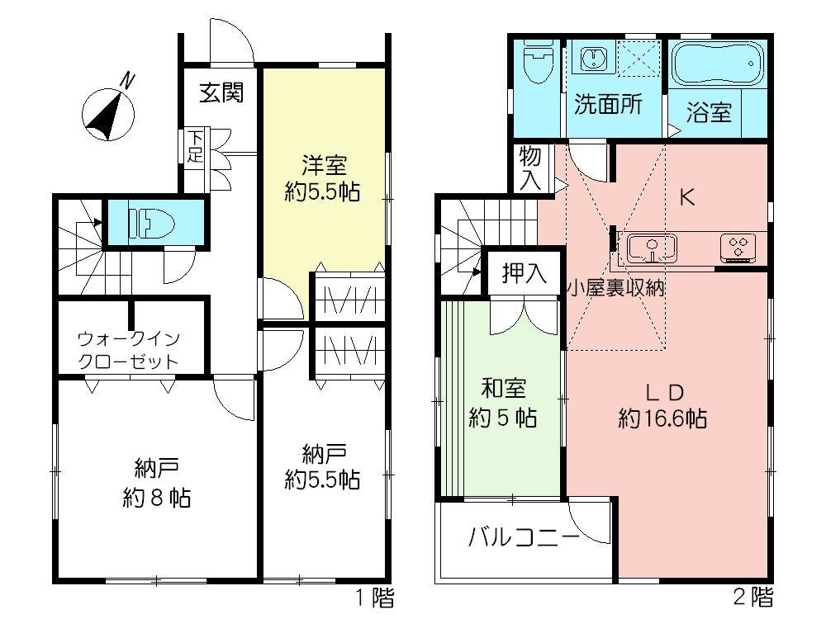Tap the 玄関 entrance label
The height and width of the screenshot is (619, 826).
pyautogui.click(x=221, y=93)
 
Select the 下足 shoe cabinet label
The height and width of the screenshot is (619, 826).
pyautogui.click(x=194, y=146)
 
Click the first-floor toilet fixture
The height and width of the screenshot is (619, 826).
pyautogui.click(x=151, y=221)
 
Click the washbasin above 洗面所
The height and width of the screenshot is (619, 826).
pyautogui.click(x=592, y=59)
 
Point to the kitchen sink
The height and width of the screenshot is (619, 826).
pyautogui.click(x=652, y=247)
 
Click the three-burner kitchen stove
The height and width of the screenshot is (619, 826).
pyautogui.click(x=737, y=247)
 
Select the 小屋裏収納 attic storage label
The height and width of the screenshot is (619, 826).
pyautogui.click(x=615, y=287)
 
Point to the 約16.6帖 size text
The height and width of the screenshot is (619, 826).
pyautogui.click(x=662, y=419)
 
